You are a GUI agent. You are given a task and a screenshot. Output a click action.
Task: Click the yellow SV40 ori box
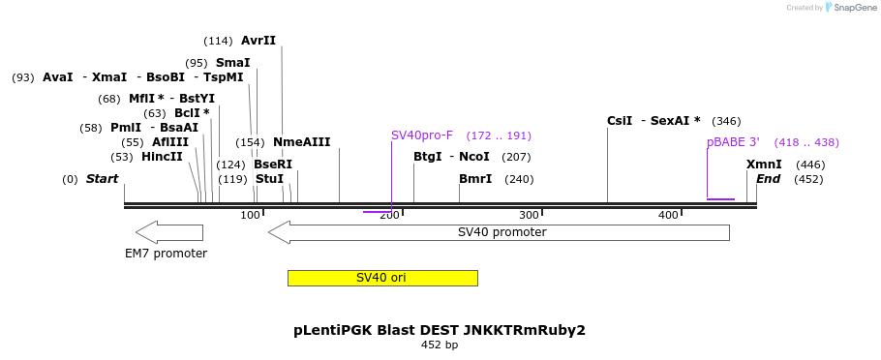[x=381, y=278]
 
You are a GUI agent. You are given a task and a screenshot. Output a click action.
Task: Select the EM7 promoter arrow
[x=169, y=232]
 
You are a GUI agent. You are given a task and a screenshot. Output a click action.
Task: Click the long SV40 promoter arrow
[x=499, y=232]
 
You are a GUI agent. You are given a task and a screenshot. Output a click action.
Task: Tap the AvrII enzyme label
[x=258, y=41]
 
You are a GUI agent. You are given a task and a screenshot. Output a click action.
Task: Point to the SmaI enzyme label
[x=232, y=63]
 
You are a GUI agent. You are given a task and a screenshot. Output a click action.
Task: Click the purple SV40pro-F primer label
[x=421, y=135]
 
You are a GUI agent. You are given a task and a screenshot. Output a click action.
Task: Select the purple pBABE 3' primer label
[x=733, y=142]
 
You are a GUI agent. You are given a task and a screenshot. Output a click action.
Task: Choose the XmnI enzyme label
[x=764, y=165]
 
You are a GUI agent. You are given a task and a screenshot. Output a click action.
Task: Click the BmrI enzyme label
[x=475, y=179]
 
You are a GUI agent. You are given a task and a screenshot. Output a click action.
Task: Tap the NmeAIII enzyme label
[x=301, y=142]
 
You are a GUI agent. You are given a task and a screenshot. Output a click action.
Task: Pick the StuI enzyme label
[x=269, y=179]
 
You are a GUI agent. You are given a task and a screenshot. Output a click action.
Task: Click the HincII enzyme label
[x=162, y=157]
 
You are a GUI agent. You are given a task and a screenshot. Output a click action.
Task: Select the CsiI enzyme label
[x=620, y=121]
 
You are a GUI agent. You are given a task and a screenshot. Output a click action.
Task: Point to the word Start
[x=102, y=179]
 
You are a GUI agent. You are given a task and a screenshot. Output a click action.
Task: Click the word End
[x=768, y=179]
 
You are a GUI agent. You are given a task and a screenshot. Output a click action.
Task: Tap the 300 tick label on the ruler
[x=529, y=215]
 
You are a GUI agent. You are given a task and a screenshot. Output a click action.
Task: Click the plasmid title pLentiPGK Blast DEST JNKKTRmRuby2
[x=440, y=330]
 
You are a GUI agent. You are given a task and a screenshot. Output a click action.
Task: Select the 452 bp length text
[x=440, y=345]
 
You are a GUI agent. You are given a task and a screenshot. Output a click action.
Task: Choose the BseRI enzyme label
[x=273, y=165]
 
